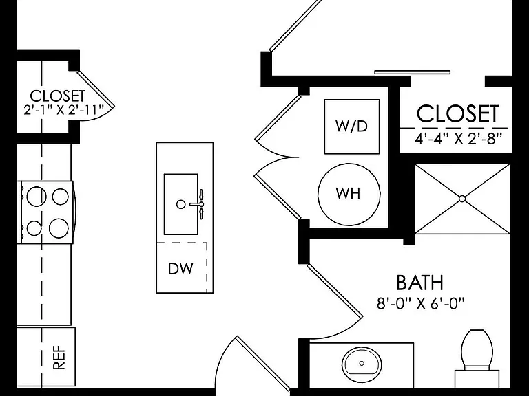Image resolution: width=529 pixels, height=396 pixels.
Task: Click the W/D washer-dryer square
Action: click(x=351, y=126)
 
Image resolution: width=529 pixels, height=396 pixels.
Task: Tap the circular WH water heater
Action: click(x=349, y=195)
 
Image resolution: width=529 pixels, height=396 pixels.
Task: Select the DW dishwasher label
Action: click(x=181, y=268)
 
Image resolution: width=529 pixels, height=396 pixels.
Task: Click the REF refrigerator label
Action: click(x=59, y=357)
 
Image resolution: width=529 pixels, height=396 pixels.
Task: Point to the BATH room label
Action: click(x=419, y=283)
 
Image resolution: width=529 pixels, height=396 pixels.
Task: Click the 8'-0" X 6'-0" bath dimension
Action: click(x=421, y=303)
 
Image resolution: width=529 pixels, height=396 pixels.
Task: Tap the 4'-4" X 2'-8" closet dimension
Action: click(x=459, y=138)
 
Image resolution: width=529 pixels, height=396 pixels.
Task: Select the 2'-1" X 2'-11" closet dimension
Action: click(x=64, y=110)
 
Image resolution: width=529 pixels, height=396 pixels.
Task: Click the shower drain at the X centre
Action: click(x=462, y=199)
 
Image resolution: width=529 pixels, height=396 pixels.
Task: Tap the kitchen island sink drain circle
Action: click(x=181, y=204)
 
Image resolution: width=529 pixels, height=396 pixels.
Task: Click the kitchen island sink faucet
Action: click(x=198, y=204)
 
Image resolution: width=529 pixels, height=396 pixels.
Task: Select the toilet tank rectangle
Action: click(x=477, y=379)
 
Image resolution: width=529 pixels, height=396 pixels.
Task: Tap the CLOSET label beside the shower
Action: click(x=458, y=113)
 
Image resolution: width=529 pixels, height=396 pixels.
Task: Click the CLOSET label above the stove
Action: click(x=58, y=96)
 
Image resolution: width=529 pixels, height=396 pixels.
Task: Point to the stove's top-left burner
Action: click(x=37, y=196)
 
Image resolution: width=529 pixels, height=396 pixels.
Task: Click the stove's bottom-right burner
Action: click(x=59, y=228)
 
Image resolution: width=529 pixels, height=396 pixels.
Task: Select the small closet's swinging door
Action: click(x=96, y=89)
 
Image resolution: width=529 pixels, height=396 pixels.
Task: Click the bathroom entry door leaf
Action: click(x=335, y=291)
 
